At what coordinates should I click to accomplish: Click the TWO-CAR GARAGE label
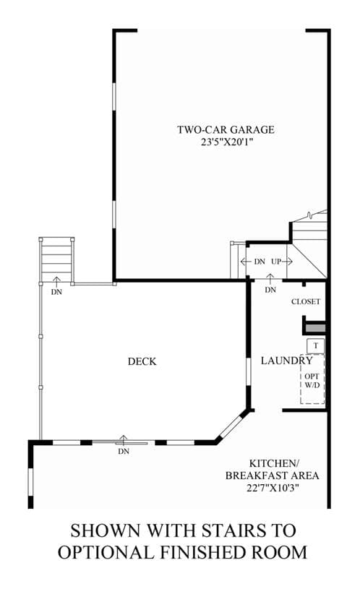click(x=226, y=129)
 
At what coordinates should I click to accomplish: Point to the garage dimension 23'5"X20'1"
click(x=226, y=142)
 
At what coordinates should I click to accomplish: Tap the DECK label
click(x=142, y=361)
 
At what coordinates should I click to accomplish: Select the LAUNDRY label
click(x=287, y=361)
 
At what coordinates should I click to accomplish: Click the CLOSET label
click(x=306, y=301)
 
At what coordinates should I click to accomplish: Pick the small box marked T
click(x=315, y=345)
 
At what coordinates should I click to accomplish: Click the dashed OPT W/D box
click(x=312, y=379)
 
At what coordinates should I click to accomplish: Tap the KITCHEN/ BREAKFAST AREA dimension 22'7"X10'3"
click(x=273, y=488)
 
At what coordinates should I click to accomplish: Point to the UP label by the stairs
click(x=276, y=262)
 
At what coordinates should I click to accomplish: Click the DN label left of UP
click(x=260, y=262)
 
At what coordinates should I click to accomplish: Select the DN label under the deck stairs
click(x=56, y=292)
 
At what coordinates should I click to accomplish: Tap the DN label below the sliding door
click(x=124, y=452)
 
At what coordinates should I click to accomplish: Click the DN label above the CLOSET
click(x=270, y=290)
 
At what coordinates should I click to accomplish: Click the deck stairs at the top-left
click(x=56, y=259)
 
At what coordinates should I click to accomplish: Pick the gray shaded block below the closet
click(x=315, y=328)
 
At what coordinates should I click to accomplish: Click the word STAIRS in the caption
click(x=225, y=530)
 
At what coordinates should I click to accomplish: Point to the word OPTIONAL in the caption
click(x=106, y=553)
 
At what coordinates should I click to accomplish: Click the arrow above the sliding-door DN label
click(x=124, y=439)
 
